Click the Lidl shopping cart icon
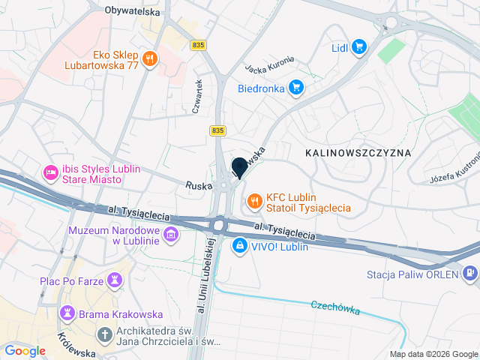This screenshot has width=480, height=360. click(x=358, y=47)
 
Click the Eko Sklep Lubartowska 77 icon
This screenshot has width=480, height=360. click(x=151, y=58)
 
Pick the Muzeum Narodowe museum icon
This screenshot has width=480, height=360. click(x=171, y=235)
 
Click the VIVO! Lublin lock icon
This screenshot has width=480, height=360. click(x=239, y=245)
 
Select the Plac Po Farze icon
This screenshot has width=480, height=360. click(x=114, y=280)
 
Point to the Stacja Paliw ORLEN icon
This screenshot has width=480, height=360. click(x=470, y=274)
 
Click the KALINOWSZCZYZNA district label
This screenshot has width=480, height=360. click(x=358, y=152)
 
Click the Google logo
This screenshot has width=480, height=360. click(x=25, y=350)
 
